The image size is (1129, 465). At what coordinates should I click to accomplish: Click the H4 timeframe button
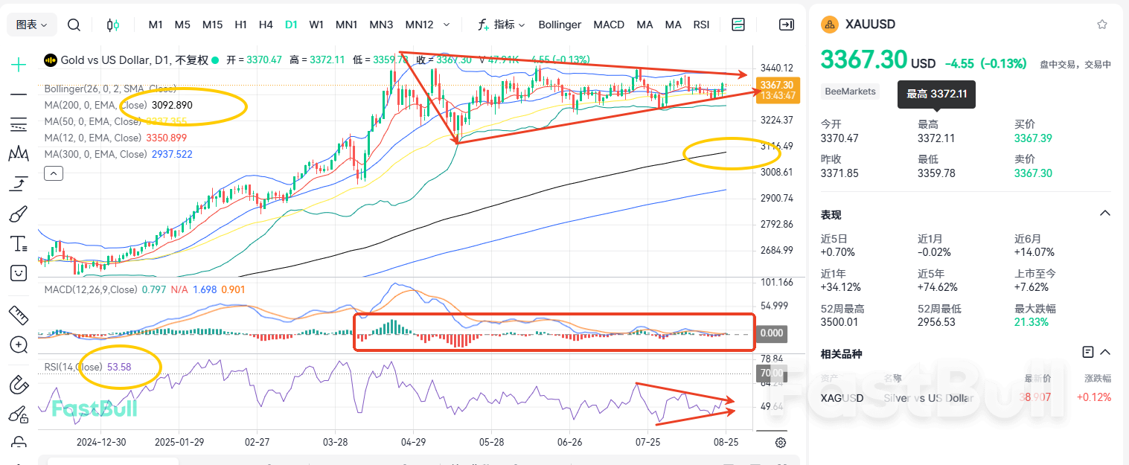(266, 25)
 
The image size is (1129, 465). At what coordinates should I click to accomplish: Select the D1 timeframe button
(291, 25)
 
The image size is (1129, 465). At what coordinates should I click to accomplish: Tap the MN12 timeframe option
(419, 25)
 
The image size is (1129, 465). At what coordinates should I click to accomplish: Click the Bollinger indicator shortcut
(560, 25)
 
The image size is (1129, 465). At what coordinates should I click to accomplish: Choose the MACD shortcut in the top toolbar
(609, 25)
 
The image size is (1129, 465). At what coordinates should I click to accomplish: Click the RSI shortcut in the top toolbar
(701, 25)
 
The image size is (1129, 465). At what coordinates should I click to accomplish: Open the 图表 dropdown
(32, 25)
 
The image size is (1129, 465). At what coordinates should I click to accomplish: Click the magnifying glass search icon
(74, 25)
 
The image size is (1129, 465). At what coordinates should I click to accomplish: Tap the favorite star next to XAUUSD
(1102, 24)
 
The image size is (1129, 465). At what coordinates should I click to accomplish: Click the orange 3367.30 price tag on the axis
(778, 85)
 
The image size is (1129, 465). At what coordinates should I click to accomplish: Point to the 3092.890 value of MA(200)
(172, 105)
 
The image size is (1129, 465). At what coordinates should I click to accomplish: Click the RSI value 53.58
(119, 367)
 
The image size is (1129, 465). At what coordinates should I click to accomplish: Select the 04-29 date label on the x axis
(413, 441)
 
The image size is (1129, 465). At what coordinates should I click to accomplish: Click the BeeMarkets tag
(850, 92)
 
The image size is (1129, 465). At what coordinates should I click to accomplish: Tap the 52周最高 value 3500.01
(839, 322)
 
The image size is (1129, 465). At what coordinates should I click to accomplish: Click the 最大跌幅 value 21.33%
(1030, 322)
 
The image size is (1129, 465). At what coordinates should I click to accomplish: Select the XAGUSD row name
(842, 397)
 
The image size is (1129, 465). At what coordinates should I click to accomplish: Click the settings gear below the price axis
(781, 443)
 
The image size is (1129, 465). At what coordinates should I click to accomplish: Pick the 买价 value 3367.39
(1033, 138)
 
